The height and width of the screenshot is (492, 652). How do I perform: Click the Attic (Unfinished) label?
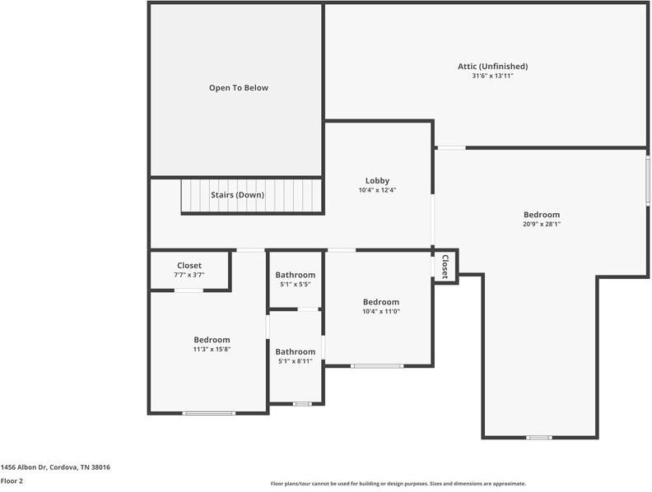[492, 66]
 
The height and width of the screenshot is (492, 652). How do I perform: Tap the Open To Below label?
[238, 87]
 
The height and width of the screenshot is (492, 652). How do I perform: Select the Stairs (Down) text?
[237, 195]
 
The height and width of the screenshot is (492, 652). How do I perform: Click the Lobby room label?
[377, 180]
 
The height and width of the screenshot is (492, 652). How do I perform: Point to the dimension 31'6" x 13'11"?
[492, 76]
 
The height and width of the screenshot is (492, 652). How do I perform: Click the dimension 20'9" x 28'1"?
[541, 224]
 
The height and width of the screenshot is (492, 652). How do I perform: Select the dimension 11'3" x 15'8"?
[212, 349]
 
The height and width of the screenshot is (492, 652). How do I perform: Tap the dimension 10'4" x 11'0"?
[380, 311]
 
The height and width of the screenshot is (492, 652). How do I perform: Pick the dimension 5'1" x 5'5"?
[295, 285]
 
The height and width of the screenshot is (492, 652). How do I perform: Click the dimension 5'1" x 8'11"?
[295, 361]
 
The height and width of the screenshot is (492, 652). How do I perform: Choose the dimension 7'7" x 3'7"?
[189, 275]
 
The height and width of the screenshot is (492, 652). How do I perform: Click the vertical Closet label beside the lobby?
[445, 266]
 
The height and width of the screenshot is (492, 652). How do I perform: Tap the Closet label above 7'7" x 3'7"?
[189, 265]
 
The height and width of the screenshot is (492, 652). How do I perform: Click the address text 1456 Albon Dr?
[55, 466]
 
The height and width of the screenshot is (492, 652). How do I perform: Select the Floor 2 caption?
[12, 480]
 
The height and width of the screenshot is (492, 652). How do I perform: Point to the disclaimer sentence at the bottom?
[398, 484]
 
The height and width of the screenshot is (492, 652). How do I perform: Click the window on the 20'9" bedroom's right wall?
[648, 181]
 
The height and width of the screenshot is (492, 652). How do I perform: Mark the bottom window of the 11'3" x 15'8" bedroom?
[208, 413]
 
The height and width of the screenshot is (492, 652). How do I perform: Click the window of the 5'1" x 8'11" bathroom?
[302, 404]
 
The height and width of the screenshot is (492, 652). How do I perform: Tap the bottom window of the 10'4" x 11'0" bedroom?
[377, 366]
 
